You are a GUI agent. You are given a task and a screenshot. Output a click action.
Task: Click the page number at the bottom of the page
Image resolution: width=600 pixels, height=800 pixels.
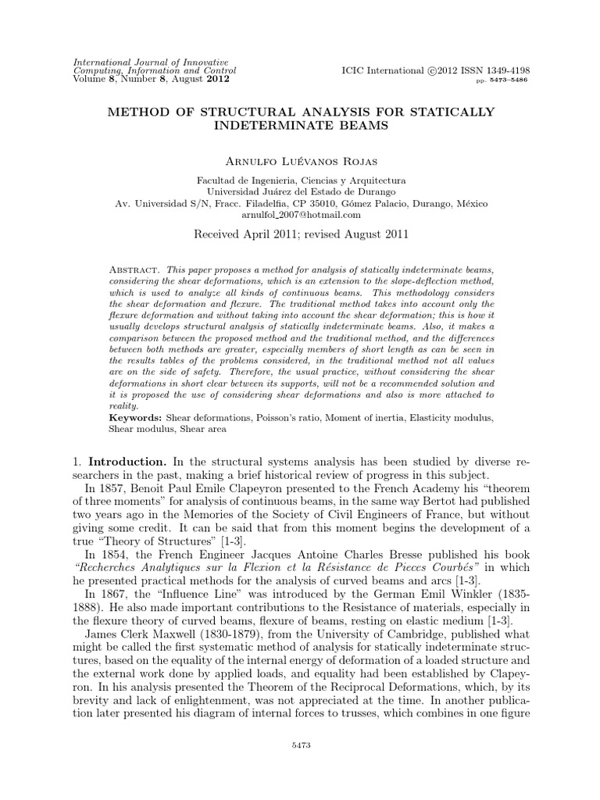[x=300, y=745]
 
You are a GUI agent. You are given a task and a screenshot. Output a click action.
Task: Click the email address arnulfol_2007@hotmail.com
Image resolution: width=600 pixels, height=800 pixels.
[x=300, y=214]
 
